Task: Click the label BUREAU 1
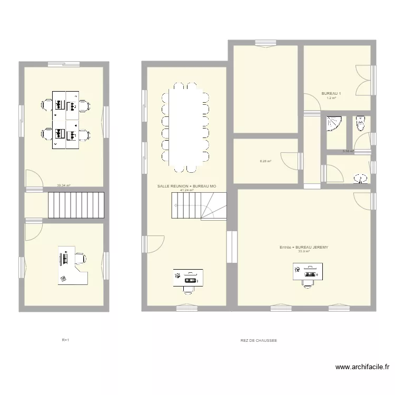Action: (x=331, y=94)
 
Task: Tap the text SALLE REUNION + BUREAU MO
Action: (x=187, y=186)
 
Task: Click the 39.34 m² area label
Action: (x=64, y=185)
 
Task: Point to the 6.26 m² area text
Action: (x=265, y=161)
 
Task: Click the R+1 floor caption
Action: (x=66, y=340)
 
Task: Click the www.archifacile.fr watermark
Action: (x=362, y=367)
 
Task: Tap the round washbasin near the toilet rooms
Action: (x=362, y=179)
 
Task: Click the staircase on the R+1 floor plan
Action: (x=77, y=205)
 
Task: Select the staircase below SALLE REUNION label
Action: (x=199, y=205)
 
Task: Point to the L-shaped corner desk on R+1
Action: (x=72, y=268)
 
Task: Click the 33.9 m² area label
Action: (x=304, y=251)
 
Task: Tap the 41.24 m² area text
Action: (x=187, y=190)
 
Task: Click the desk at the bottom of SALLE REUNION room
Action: (x=188, y=277)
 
